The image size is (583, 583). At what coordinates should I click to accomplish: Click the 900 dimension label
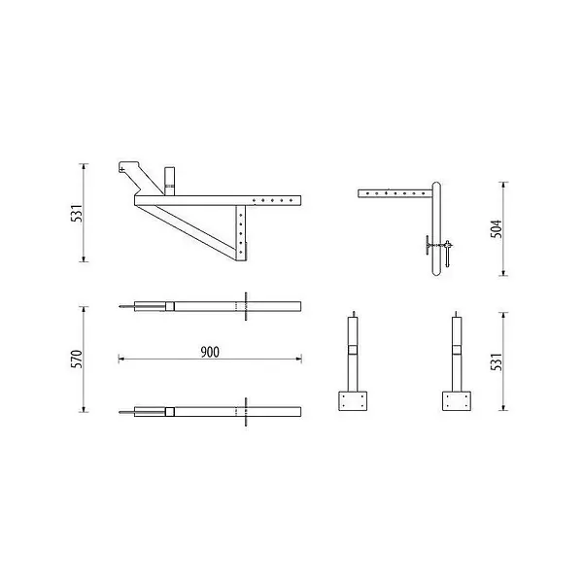210,352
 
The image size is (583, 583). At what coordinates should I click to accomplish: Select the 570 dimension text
76,360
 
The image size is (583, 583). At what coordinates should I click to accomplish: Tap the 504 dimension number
496,228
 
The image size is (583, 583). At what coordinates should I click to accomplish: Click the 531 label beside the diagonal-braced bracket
76,213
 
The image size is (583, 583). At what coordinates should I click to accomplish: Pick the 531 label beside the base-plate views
496,361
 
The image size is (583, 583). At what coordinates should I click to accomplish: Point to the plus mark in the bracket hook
122,169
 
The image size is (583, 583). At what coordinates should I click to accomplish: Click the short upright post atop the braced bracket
169,182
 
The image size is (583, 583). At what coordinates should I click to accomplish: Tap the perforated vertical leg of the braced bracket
241,233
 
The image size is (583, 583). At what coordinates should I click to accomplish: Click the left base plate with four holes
353,400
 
